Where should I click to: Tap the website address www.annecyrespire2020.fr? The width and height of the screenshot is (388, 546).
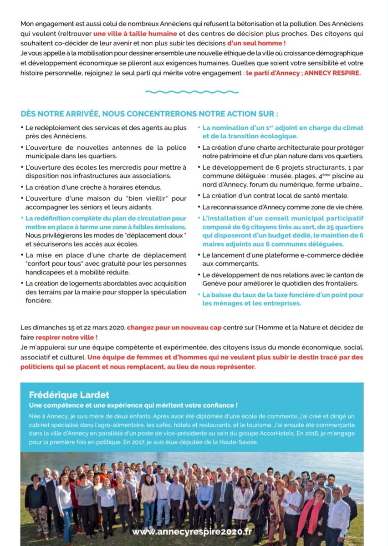pos(192,531)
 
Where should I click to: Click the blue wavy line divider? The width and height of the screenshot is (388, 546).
pos(194,91)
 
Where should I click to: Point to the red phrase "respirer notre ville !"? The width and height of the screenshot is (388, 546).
pos(70,338)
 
